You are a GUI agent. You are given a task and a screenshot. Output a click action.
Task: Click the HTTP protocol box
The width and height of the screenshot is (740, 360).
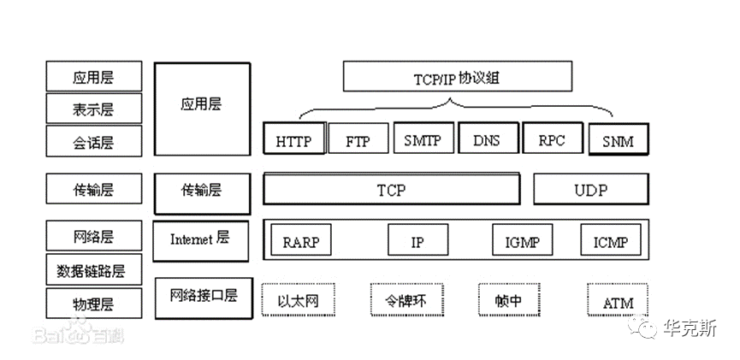pyautogui.click(x=294, y=139)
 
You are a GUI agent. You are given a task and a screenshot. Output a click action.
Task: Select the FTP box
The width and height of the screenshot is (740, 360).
pyautogui.click(x=358, y=139)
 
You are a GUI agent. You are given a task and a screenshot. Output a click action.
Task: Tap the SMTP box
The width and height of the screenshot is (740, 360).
pyautogui.click(x=423, y=138)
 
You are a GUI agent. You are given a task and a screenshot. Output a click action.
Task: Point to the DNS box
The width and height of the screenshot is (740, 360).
pyautogui.click(x=488, y=138)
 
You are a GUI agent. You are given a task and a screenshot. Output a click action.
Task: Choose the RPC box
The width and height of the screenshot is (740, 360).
pyautogui.click(x=552, y=138)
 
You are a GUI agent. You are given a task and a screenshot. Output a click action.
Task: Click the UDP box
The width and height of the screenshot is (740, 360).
pyautogui.click(x=591, y=189)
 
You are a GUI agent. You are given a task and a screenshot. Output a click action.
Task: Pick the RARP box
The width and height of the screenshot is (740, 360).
pyautogui.click(x=301, y=239)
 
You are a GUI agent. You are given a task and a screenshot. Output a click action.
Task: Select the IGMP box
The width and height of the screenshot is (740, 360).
pyautogui.click(x=523, y=239)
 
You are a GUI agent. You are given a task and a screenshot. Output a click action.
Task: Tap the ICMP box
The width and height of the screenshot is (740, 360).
pyautogui.click(x=611, y=239)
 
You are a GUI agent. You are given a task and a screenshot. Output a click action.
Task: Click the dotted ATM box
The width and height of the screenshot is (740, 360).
pyautogui.click(x=618, y=299)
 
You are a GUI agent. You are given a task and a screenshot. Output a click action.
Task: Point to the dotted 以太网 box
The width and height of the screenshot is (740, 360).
pyautogui.click(x=299, y=299)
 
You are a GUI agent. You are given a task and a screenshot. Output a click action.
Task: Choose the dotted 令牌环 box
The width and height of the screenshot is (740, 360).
pyautogui.click(x=407, y=299)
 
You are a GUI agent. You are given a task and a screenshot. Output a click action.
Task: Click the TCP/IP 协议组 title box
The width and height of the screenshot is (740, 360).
pyautogui.click(x=458, y=76)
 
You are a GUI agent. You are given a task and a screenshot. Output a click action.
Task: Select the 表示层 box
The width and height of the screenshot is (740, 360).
pyautogui.click(x=94, y=109)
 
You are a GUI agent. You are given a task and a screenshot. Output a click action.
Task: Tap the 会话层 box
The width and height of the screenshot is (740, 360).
pyautogui.click(x=94, y=140)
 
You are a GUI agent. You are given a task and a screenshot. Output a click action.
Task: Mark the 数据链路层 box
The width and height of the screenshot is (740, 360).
pyautogui.click(x=94, y=269)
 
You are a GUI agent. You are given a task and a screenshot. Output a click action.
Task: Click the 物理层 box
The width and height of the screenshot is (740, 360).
pyautogui.click(x=94, y=304)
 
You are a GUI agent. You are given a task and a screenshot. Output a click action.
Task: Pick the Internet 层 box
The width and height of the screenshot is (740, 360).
pyautogui.click(x=200, y=241)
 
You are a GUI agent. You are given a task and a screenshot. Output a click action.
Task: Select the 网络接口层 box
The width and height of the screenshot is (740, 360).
pyautogui.click(x=204, y=298)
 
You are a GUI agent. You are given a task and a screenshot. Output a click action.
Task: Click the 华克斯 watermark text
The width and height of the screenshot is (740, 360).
pyautogui.click(x=690, y=328)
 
